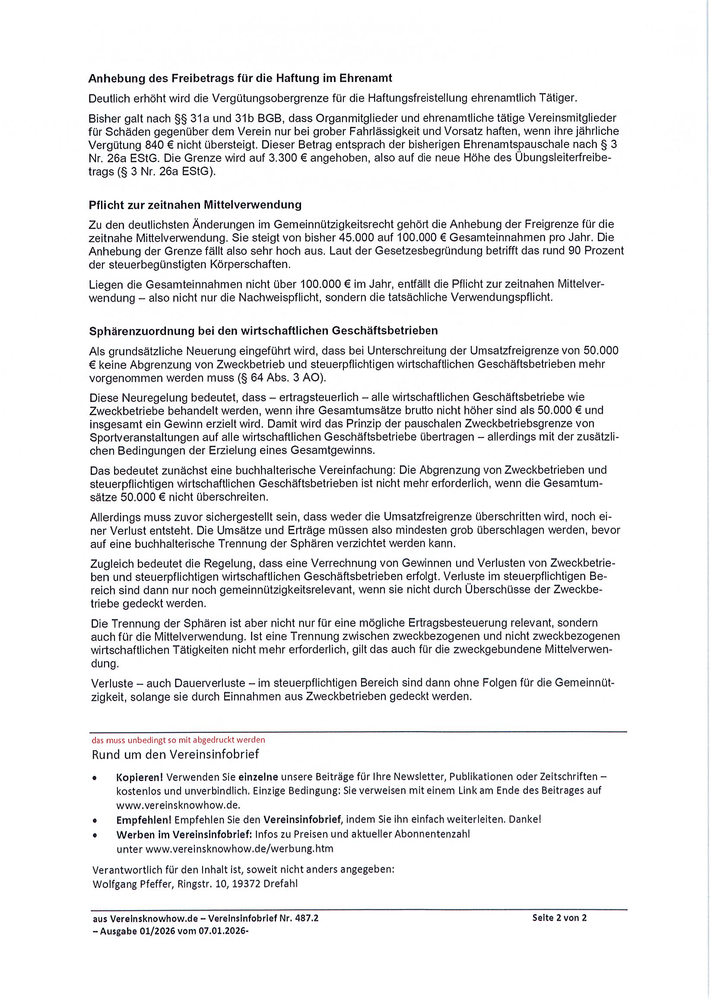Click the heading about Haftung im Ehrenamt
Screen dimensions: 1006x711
point(240,79)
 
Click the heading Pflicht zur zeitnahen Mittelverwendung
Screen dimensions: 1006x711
point(195,205)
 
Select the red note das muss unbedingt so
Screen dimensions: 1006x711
point(178,740)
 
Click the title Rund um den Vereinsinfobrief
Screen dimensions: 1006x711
point(175,754)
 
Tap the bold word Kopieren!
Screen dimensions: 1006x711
point(140,777)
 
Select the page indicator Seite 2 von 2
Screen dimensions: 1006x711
point(559,918)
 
